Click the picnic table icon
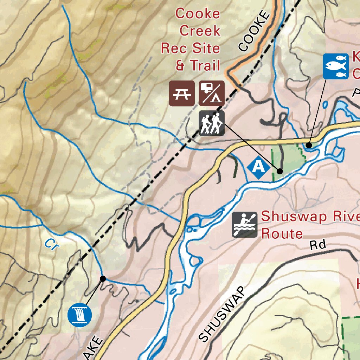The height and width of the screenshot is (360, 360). (182, 93)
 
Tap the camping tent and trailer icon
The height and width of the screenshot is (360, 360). (212, 93)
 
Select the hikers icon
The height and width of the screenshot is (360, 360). (212, 123)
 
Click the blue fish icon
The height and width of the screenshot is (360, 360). (335, 66)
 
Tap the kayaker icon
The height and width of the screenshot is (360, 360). (244, 224)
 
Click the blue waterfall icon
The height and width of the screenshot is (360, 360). (79, 314)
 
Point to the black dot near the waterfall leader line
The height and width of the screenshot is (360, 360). (103, 279)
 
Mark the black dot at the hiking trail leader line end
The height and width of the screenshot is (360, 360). (279, 171)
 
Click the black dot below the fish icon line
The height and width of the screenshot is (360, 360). (309, 145)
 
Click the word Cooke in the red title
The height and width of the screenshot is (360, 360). (198, 14)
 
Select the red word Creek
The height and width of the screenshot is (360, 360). (200, 31)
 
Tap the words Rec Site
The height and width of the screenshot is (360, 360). (190, 48)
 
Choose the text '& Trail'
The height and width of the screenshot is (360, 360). (198, 65)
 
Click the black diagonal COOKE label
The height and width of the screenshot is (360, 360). (254, 32)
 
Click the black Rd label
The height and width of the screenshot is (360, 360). (318, 245)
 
